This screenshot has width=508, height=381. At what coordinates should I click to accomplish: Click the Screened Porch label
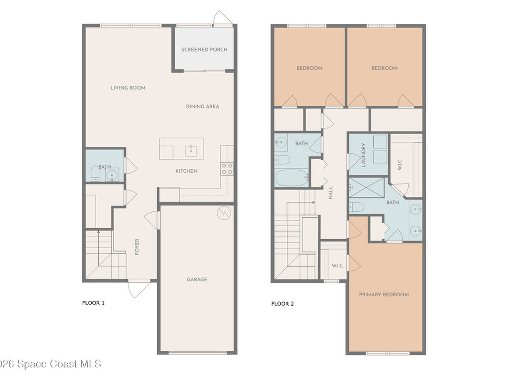(204, 50)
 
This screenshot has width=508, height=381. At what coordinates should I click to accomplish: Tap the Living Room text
(128, 88)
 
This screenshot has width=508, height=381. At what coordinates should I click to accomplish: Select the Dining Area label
(202, 106)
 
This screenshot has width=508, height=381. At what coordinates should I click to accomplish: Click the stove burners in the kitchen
(227, 169)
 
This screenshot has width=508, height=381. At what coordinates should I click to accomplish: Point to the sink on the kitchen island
(190, 149)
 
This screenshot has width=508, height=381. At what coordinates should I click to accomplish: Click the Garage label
(197, 279)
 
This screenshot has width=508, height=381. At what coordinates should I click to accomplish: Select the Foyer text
(137, 247)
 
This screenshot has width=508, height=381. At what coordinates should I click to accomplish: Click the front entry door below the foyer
(139, 289)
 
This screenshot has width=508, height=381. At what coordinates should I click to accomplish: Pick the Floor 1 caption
(93, 303)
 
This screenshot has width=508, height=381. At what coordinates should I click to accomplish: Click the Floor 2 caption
(282, 304)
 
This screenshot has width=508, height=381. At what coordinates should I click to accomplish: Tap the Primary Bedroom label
(384, 294)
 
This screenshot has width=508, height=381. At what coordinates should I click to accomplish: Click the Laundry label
(363, 155)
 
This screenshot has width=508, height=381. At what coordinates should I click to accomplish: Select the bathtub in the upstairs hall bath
(292, 177)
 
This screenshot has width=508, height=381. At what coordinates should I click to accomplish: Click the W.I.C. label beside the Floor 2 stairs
(337, 265)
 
